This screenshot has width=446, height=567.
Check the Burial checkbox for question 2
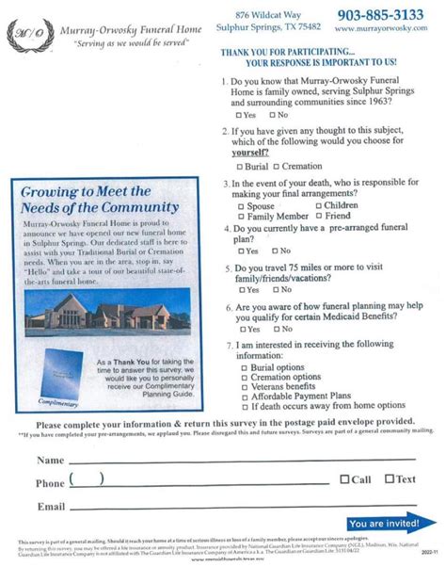tap(242, 166)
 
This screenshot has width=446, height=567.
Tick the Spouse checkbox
tap(242, 204)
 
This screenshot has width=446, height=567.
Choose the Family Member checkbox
tap(242, 216)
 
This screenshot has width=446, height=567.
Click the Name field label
tap(50, 461)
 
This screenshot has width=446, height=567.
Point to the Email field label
tap(51, 506)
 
